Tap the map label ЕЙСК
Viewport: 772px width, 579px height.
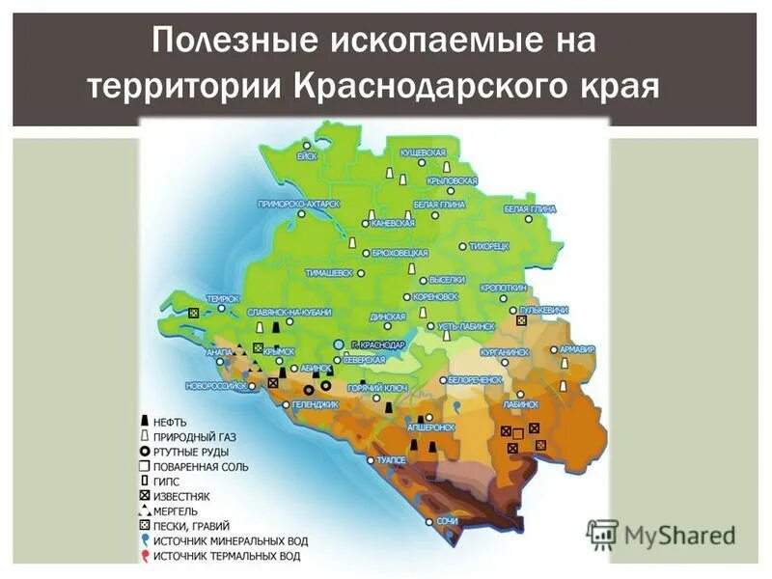308,155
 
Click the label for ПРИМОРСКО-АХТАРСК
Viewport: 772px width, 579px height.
299,204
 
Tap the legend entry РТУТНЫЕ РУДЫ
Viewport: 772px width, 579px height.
192,452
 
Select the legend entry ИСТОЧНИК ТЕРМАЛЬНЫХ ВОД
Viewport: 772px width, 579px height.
226,556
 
